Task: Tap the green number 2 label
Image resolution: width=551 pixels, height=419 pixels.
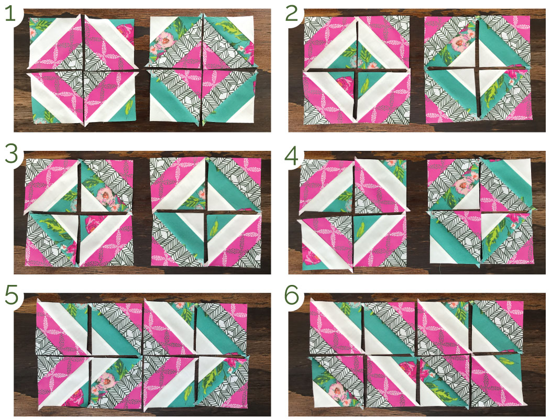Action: pyautogui.click(x=292, y=14)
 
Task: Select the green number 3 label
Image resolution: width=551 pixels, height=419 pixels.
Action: pyautogui.click(x=11, y=155)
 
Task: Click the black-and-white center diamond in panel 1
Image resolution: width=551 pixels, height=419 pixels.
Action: pyautogui.click(x=83, y=70)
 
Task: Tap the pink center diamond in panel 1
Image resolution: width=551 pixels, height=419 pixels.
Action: pyautogui.click(x=202, y=70)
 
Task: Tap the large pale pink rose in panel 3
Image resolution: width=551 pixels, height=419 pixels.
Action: pyautogui.click(x=105, y=194)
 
